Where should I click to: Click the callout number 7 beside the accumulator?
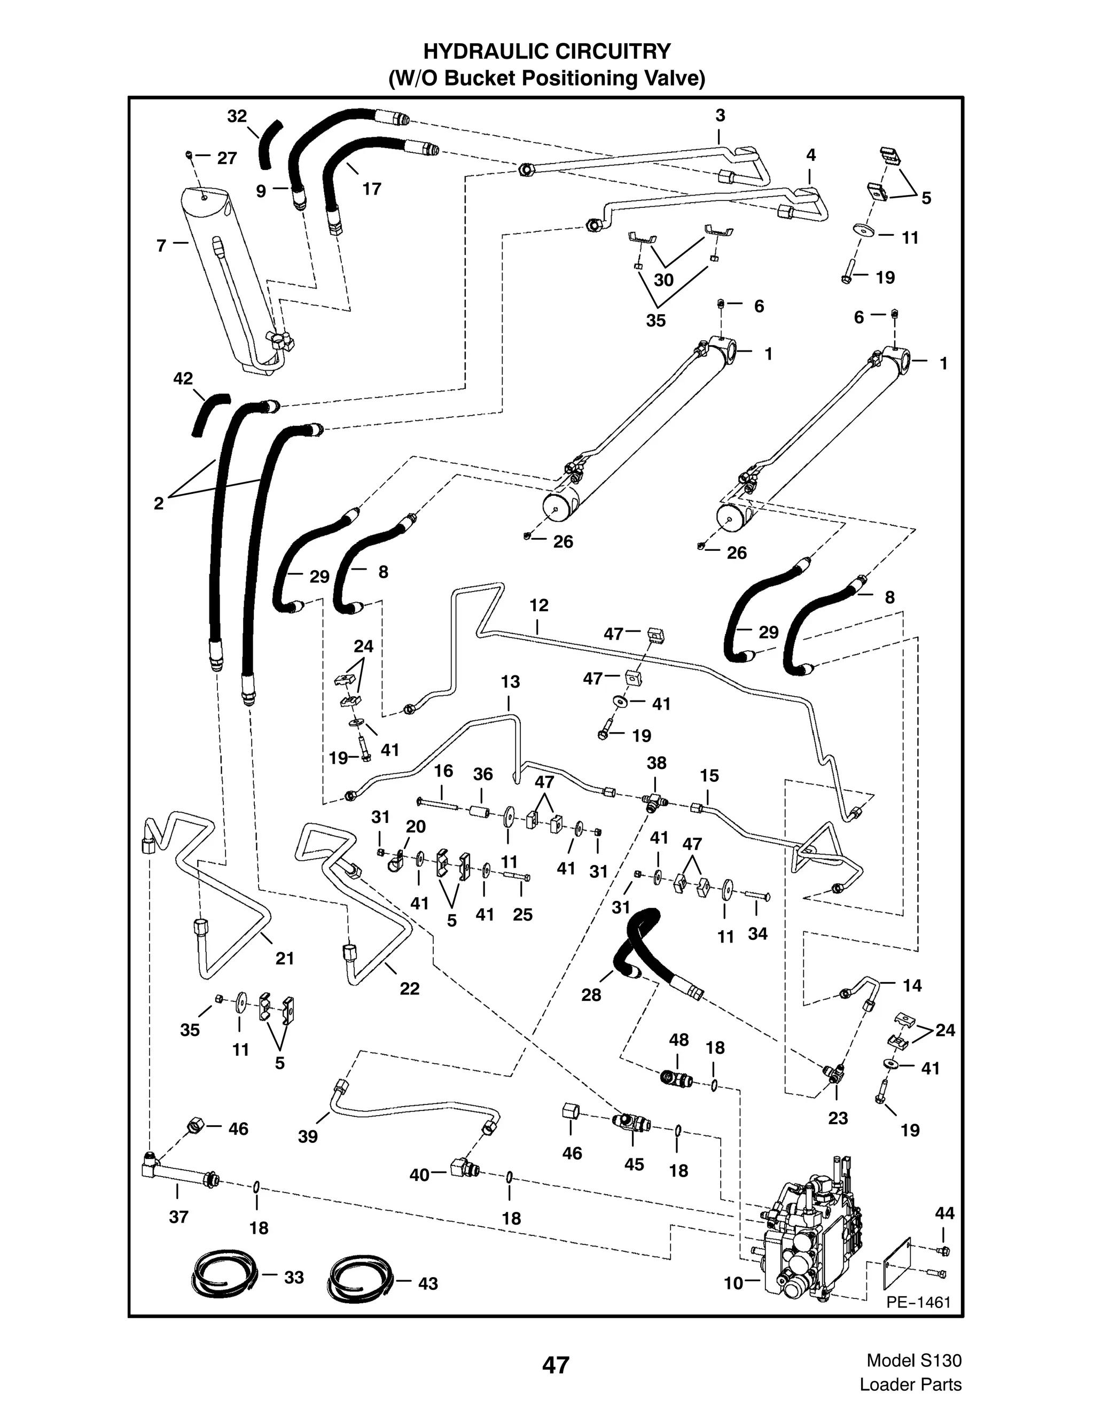(161, 246)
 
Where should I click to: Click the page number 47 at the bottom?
(556, 1365)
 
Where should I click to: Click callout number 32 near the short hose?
(237, 116)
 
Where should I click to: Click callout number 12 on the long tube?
(538, 605)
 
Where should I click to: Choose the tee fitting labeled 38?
(654, 802)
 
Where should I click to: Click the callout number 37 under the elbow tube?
(179, 1217)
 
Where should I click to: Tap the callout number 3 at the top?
(720, 115)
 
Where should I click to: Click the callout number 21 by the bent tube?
(285, 958)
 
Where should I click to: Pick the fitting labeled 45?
(631, 1121)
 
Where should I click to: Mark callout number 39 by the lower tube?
(308, 1137)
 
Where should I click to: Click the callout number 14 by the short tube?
(912, 985)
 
